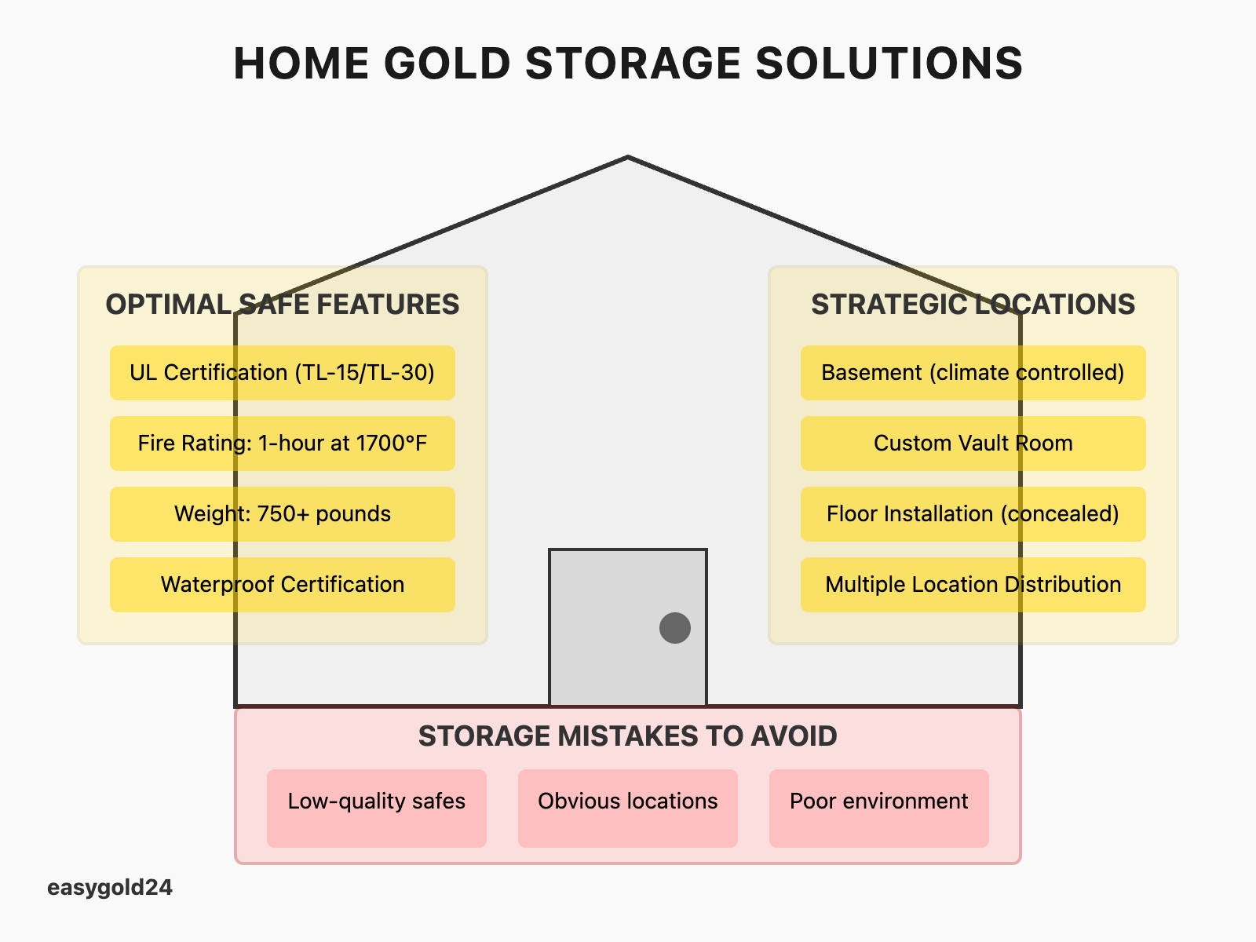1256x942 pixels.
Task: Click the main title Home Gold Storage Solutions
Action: (628, 64)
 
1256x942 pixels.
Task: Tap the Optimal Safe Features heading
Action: (283, 305)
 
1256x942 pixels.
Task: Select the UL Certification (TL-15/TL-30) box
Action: (283, 373)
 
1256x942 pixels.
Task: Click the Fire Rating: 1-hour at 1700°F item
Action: (283, 444)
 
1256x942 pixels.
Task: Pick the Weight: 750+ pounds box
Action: (283, 514)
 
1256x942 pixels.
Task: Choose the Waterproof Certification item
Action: (283, 585)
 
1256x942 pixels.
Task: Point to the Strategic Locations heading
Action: (973, 305)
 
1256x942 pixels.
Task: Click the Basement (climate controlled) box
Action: (973, 373)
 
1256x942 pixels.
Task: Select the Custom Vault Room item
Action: (973, 444)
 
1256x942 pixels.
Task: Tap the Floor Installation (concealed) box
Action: (973, 514)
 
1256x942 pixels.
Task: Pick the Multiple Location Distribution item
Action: (973, 585)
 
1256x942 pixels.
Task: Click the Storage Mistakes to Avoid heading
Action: (628, 736)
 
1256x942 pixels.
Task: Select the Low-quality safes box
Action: (377, 807)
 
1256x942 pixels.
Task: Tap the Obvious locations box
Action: (628, 807)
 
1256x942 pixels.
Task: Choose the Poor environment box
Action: (879, 807)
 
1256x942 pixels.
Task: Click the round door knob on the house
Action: (675, 628)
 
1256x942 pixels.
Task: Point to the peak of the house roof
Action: (628, 158)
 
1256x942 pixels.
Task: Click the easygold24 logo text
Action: (110, 888)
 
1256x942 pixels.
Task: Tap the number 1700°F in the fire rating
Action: (392, 444)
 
